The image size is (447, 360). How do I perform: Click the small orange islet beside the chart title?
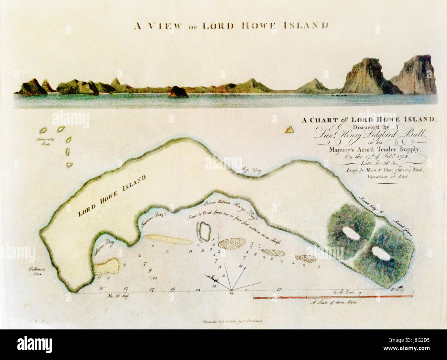point(290,130)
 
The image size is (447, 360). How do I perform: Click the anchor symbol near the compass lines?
point(210,278)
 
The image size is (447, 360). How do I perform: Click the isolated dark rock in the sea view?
point(178,91)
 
